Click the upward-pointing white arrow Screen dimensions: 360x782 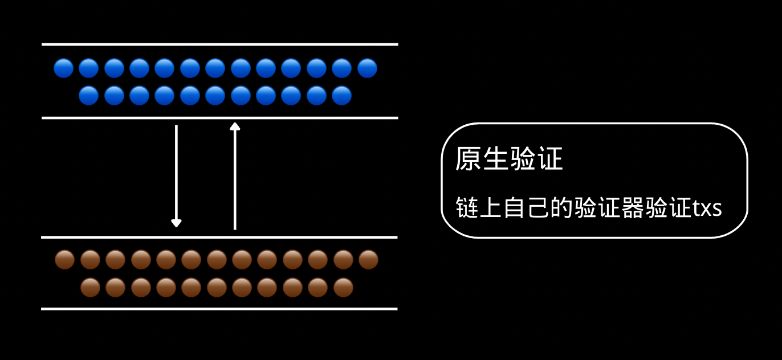click(x=235, y=177)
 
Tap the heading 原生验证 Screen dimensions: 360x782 click(x=508, y=158)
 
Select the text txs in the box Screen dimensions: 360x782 click(x=707, y=208)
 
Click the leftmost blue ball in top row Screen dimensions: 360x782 click(x=63, y=68)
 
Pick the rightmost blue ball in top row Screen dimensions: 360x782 click(x=368, y=68)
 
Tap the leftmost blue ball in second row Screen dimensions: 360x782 click(x=89, y=96)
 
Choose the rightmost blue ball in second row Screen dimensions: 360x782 click(x=342, y=96)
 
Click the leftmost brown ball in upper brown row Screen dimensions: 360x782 click(x=64, y=260)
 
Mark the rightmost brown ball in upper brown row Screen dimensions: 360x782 click(x=368, y=260)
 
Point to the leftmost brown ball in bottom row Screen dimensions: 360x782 click(x=90, y=288)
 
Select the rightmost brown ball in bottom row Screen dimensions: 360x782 click(x=343, y=288)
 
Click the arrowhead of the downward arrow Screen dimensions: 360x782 click(x=176, y=223)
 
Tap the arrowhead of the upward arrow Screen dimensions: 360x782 click(x=235, y=126)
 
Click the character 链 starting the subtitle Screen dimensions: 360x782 click(x=466, y=208)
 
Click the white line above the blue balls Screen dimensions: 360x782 click(x=219, y=44)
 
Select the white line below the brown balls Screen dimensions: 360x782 click(x=219, y=309)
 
